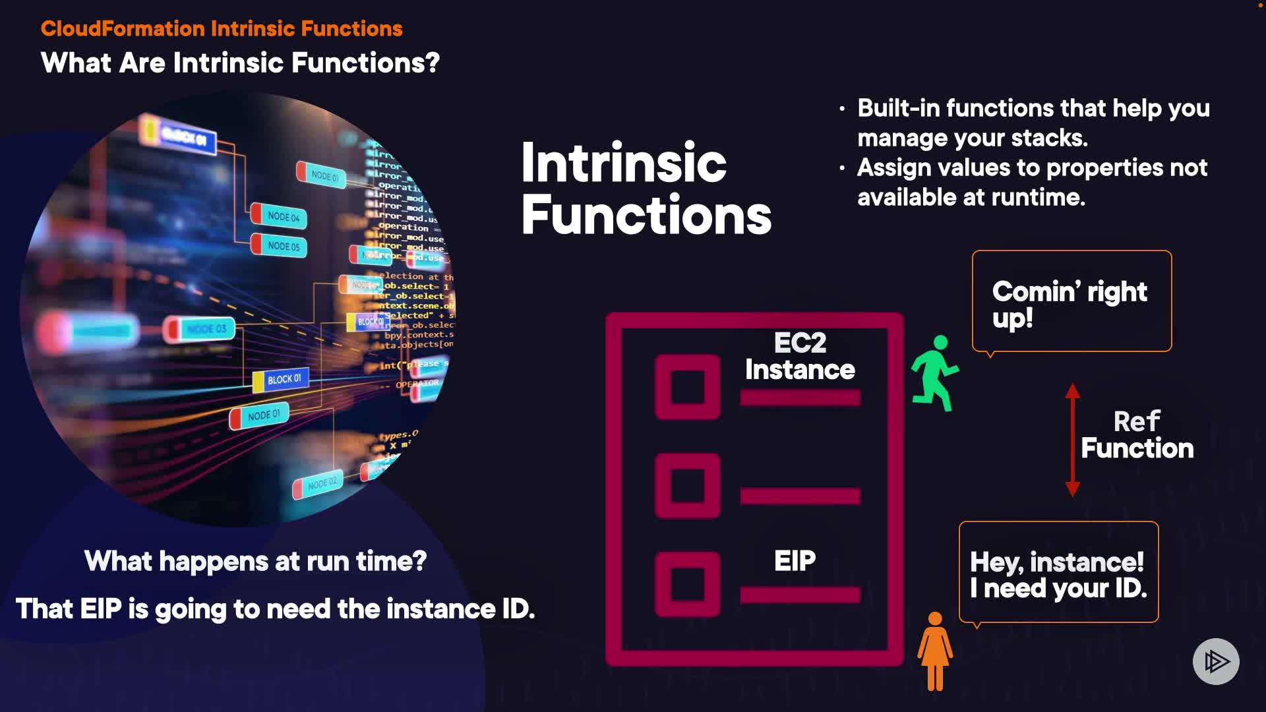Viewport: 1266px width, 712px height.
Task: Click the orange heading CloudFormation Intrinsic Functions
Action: click(222, 28)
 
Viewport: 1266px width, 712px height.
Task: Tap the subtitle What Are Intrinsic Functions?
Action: click(240, 63)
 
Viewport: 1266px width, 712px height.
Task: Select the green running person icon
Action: click(935, 373)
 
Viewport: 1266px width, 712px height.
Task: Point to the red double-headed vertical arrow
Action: click(1073, 440)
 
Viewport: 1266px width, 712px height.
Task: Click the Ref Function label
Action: click(1137, 435)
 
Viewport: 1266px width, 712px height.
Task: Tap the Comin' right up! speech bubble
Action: click(1071, 301)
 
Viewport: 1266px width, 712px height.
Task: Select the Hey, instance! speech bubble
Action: click(1058, 572)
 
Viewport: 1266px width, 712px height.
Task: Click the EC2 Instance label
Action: click(800, 357)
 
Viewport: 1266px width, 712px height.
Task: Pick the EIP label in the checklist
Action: click(795, 561)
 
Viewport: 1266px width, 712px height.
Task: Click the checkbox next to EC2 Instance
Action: click(687, 387)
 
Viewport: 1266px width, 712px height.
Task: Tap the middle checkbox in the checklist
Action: click(687, 486)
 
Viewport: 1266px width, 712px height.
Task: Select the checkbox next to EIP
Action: click(687, 584)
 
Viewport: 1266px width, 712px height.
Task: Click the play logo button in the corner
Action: click(1216, 661)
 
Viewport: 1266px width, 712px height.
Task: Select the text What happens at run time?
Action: click(255, 562)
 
